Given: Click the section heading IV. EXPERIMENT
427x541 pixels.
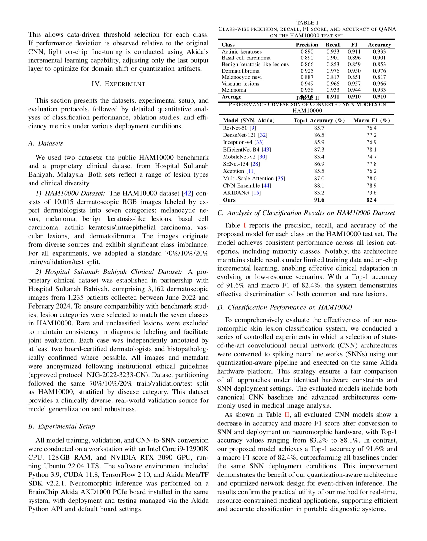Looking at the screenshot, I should click(x=118, y=84).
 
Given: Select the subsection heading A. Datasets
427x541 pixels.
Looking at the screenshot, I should click(x=45, y=143).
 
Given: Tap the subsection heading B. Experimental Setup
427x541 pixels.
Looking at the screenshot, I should click(x=62, y=426).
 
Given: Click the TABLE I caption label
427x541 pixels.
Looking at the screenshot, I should click(x=307, y=23).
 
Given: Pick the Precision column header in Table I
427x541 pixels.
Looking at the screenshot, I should click(x=307, y=45).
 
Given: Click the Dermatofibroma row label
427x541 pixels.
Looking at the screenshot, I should click(x=240, y=71).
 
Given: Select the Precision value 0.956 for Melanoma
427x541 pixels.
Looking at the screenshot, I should click(x=307, y=90).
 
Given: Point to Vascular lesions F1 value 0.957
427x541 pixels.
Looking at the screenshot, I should click(x=354, y=84).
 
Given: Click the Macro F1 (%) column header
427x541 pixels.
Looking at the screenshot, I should click(x=371, y=121).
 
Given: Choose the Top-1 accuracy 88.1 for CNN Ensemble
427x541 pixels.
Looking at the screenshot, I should click(x=319, y=185).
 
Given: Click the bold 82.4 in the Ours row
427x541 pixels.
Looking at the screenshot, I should click(x=371, y=200).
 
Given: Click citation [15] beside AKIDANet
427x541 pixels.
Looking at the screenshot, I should click(x=256, y=193).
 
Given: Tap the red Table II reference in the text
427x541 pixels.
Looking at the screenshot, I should click(x=287, y=415).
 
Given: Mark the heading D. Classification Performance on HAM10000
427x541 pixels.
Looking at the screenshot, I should click(x=284, y=307).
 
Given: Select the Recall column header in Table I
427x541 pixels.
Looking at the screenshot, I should click(x=333, y=45).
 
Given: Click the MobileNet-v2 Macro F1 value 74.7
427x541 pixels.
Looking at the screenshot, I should click(x=371, y=157).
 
